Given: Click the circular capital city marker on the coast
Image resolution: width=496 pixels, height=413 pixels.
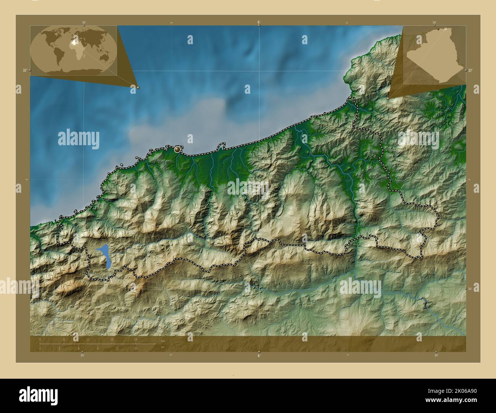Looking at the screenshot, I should (x=177, y=150).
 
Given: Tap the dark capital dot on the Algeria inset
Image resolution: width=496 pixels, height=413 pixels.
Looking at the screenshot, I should (x=439, y=29).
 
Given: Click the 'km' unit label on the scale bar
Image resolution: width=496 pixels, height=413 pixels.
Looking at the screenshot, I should (x=163, y=341).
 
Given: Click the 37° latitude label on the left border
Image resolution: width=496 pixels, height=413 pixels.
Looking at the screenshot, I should (x=25, y=70).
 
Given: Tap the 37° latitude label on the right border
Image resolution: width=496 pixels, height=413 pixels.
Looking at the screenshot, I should (x=470, y=70).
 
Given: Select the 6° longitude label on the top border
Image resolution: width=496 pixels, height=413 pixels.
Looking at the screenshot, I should (x=259, y=22).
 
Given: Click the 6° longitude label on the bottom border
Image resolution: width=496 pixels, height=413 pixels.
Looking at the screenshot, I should (x=259, y=355).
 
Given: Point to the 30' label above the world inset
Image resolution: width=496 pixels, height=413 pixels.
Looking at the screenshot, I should (x=84, y=22).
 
